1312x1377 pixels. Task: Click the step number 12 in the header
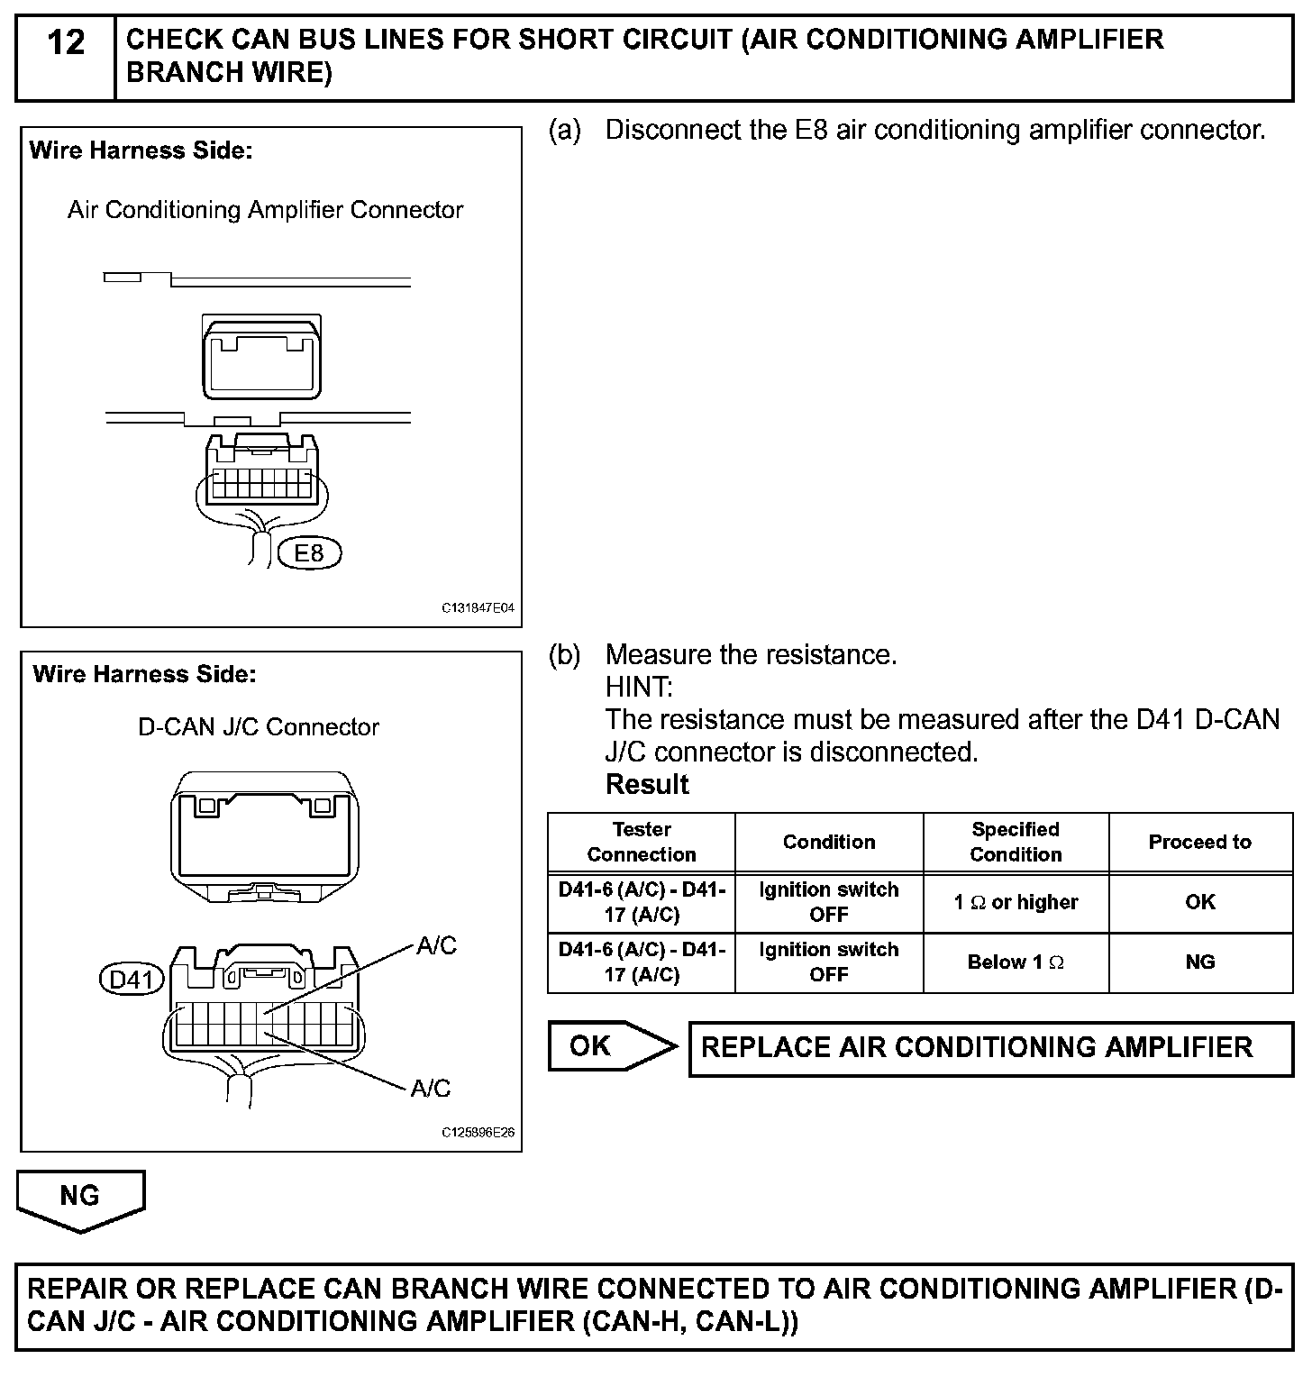[x=65, y=43]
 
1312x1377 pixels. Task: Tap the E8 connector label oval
[x=309, y=552]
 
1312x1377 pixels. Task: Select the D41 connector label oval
[x=132, y=979]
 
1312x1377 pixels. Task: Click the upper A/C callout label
[x=436, y=945]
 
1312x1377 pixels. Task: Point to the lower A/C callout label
[x=430, y=1089]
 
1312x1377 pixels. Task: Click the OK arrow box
[x=611, y=1046]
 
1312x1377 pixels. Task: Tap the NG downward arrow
[x=80, y=1199]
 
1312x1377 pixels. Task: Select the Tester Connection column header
[x=642, y=842]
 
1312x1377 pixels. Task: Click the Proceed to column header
[x=1199, y=842]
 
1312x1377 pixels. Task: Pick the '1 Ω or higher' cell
[x=1016, y=902]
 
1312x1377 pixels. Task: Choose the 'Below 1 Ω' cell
[x=1016, y=962]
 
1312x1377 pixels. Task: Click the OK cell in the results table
[x=1199, y=902]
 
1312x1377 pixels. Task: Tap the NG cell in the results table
[x=1199, y=962]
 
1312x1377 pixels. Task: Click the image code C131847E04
[x=478, y=608]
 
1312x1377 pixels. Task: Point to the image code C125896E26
[x=478, y=1133]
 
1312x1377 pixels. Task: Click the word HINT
[x=639, y=688]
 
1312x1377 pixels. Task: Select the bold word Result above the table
[x=647, y=785]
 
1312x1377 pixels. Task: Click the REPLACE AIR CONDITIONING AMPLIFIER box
[x=990, y=1048]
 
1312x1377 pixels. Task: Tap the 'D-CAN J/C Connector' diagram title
[x=259, y=727]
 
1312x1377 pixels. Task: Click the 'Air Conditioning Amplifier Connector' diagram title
[x=266, y=210]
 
